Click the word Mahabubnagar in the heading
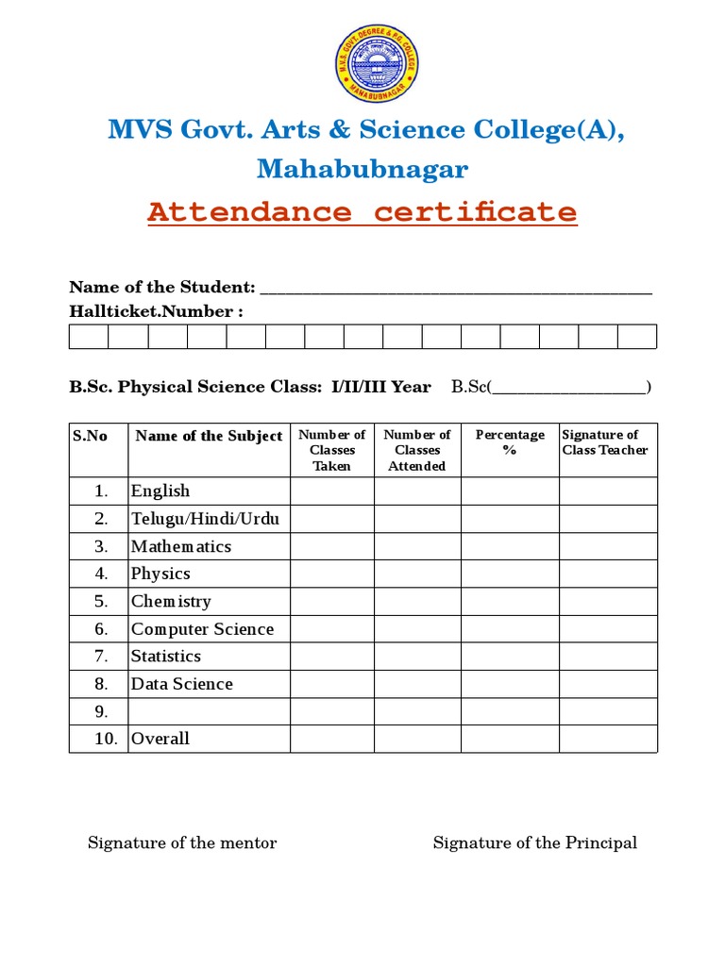click(362, 170)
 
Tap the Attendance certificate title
click(362, 211)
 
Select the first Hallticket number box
click(89, 337)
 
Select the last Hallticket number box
click(637, 337)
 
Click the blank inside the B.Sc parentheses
click(570, 387)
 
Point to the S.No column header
click(90, 436)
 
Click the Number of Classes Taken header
click(331, 450)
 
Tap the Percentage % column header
click(510, 442)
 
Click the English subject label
click(160, 491)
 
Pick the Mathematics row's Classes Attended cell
click(417, 546)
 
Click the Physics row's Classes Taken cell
click(331, 574)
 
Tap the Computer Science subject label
click(202, 629)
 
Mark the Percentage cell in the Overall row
click(510, 739)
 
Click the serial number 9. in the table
click(102, 711)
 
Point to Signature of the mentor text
click(182, 843)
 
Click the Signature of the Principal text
click(534, 843)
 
